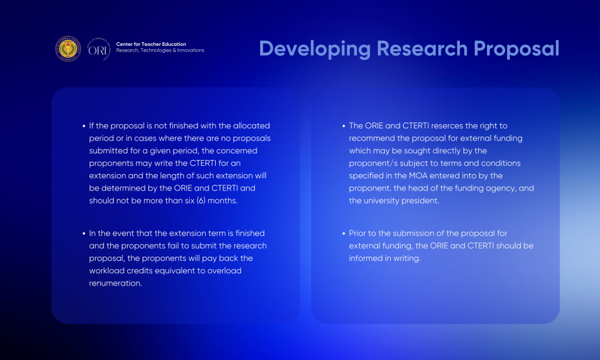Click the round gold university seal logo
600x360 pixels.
68,49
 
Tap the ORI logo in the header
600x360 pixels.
98,49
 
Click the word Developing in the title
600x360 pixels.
315,49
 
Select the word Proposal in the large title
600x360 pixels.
517,49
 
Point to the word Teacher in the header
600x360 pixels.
151,44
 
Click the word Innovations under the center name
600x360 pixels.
190,50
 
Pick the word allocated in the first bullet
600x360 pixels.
251,125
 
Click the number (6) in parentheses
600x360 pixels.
201,201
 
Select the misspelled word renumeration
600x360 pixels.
115,283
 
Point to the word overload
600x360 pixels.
224,271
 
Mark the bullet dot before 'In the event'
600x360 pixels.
84,233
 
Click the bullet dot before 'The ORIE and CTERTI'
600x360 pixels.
343,125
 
